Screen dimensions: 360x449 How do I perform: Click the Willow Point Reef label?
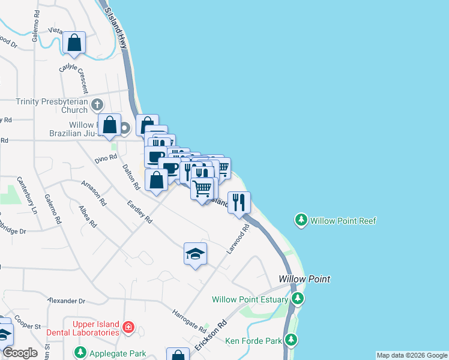pos(343,221)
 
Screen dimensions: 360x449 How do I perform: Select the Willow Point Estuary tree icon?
pos(297,299)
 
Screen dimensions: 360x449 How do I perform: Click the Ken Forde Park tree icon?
pos(291,341)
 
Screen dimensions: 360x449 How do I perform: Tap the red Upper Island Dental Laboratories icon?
pos(128,328)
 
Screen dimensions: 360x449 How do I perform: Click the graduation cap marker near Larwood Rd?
pos(195,254)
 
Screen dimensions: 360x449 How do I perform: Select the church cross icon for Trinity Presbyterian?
pos(98,106)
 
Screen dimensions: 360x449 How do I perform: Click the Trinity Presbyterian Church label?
pos(52,106)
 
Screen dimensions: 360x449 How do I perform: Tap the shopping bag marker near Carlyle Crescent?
pos(74,43)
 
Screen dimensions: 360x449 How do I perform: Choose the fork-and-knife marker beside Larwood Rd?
pos(239,202)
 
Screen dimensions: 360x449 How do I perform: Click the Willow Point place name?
pos(304,280)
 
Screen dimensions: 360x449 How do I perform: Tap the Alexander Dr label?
pos(67,301)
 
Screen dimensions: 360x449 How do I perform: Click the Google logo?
pos(19,353)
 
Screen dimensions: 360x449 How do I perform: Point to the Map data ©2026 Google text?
pos(412,355)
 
